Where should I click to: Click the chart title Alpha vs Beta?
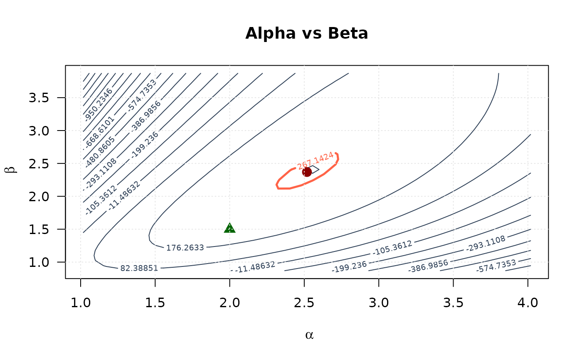click(x=306, y=34)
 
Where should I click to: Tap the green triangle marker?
click(x=229, y=228)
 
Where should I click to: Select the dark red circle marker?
click(x=307, y=172)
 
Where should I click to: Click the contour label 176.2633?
click(x=185, y=248)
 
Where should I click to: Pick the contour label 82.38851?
click(x=139, y=268)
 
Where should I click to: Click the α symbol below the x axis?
click(x=309, y=335)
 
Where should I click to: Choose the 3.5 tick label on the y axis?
click(x=39, y=98)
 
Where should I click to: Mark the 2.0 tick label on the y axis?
click(x=39, y=196)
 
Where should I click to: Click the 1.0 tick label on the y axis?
click(x=39, y=262)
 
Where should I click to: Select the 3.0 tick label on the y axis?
click(x=39, y=131)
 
